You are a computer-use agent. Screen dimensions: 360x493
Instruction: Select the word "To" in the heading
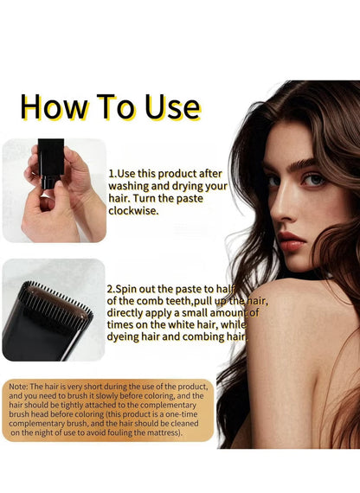coord(115,107)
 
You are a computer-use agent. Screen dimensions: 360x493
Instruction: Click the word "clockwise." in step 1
coord(133,211)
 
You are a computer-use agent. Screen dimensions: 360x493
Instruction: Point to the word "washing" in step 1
coord(129,186)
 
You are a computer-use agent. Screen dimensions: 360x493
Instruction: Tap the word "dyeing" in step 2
coord(122,336)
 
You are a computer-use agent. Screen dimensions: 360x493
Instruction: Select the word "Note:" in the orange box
coord(18,387)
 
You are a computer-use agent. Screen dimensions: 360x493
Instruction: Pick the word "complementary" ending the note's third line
coord(172,406)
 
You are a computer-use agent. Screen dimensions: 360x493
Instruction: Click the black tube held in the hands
coord(51,163)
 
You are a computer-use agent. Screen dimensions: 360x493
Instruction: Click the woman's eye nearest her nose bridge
coord(274,180)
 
